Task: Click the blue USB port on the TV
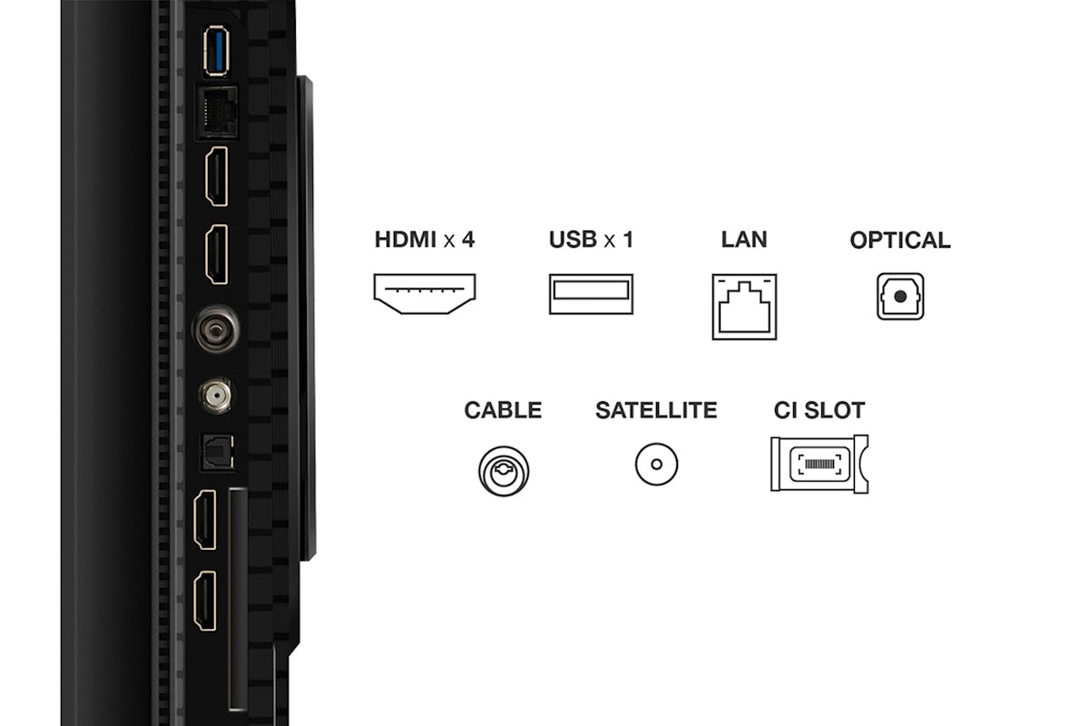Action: coord(216,51)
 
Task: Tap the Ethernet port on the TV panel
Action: coord(217,113)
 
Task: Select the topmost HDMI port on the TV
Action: coord(217,176)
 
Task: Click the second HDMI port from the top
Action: coord(217,254)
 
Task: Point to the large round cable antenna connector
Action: coord(217,329)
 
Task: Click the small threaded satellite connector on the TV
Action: coord(216,396)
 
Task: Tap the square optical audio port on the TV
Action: coord(218,452)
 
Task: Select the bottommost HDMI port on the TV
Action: coord(205,601)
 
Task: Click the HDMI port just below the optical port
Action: coord(205,520)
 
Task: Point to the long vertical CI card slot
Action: coord(238,599)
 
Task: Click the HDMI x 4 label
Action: coord(425,240)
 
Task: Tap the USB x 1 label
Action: coord(591,240)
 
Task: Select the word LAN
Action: coord(744,240)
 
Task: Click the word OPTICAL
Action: coord(900,240)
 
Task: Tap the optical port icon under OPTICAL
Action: coord(900,296)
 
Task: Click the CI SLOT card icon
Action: coord(819,464)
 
